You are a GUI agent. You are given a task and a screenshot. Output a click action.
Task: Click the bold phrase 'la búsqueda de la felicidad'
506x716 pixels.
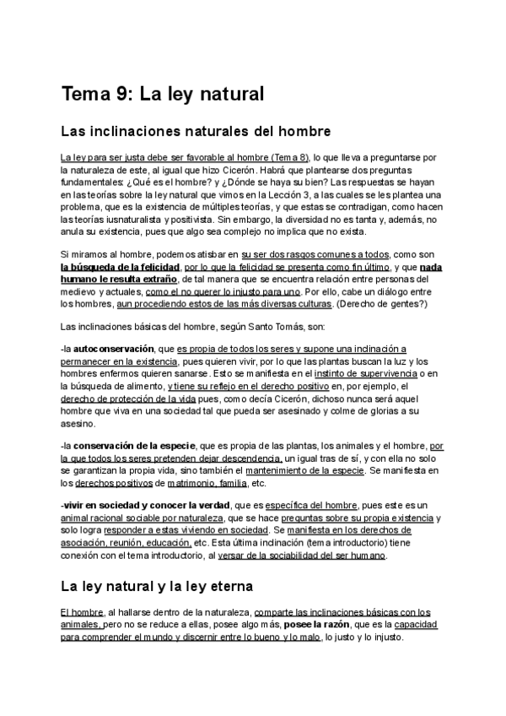pyautogui.click(x=120, y=266)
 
